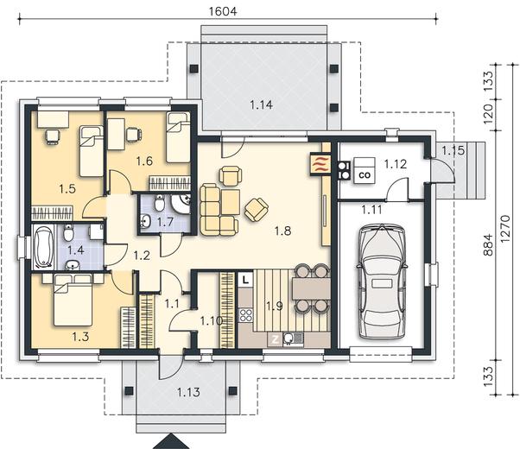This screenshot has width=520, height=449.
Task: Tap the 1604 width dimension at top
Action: (223, 11)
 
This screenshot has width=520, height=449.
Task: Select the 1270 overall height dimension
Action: (505, 229)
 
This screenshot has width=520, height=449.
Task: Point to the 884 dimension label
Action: (488, 244)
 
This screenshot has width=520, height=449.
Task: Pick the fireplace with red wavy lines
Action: (320, 164)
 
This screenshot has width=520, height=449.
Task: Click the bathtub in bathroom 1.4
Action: (43, 247)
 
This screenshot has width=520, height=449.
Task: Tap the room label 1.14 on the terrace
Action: (262, 105)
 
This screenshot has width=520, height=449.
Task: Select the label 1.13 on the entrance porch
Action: (188, 393)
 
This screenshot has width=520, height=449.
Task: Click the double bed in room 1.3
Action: (73, 300)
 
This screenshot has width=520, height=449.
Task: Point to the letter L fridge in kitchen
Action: (245, 280)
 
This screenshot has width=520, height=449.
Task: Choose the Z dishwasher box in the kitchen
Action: (275, 339)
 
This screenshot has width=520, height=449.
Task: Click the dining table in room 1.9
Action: (311, 289)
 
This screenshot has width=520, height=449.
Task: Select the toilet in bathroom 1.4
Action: (68, 233)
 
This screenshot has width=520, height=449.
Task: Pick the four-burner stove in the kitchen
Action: (245, 315)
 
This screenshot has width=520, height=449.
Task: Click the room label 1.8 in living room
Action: (282, 231)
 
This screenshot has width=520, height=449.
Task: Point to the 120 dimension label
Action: (488, 114)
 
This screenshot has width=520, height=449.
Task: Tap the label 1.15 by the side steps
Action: (453, 151)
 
